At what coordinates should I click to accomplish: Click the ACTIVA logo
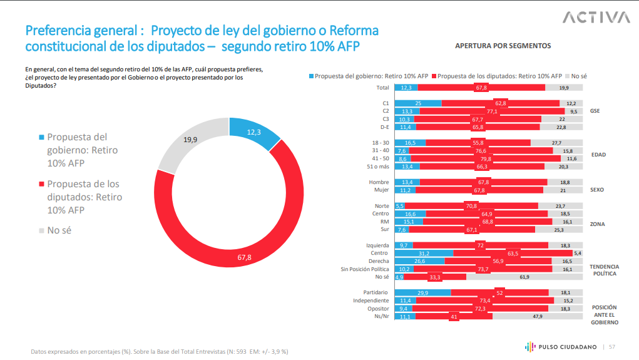595,17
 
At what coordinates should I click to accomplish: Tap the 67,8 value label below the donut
244,257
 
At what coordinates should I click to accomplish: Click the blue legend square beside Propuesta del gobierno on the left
41,137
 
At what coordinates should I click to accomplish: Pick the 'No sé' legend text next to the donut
59,230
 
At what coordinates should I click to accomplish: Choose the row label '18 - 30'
381,143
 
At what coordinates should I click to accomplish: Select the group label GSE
595,111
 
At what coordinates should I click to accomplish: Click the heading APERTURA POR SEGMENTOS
503,46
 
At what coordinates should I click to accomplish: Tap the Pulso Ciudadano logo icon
529,346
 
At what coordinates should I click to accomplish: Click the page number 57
612,347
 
